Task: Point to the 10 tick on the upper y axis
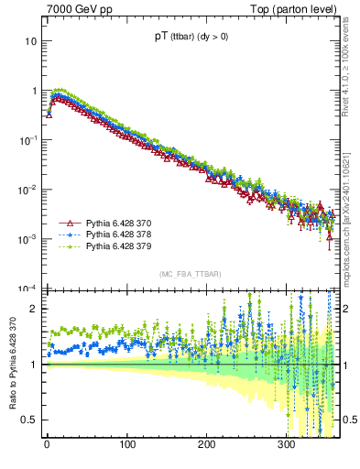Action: (x=31, y=42)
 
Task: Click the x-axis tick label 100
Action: (x=126, y=446)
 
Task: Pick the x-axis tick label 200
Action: (x=206, y=446)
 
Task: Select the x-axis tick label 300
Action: (x=286, y=446)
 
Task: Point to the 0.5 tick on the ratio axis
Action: (x=30, y=420)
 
